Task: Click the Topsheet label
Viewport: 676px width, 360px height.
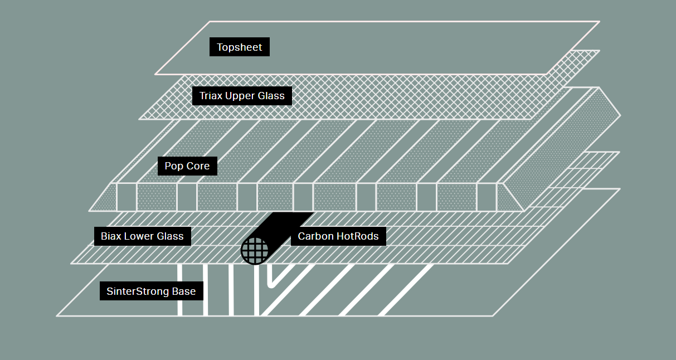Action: (240, 47)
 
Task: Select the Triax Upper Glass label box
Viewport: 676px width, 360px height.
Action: (242, 96)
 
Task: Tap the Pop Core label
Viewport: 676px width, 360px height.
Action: (187, 166)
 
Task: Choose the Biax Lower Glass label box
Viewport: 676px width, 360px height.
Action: (142, 236)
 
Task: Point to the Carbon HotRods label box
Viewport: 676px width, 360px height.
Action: (338, 236)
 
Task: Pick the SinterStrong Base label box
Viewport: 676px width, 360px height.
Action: (151, 291)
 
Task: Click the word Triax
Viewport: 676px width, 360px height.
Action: (211, 96)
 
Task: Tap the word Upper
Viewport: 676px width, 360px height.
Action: (240, 96)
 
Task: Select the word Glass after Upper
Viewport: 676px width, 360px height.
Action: (271, 96)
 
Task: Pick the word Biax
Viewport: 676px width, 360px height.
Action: (110, 236)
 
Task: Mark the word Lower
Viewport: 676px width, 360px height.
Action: (139, 236)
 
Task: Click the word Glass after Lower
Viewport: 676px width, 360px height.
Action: (171, 236)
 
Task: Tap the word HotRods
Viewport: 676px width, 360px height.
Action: (357, 236)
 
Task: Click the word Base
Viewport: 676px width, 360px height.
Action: (184, 291)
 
